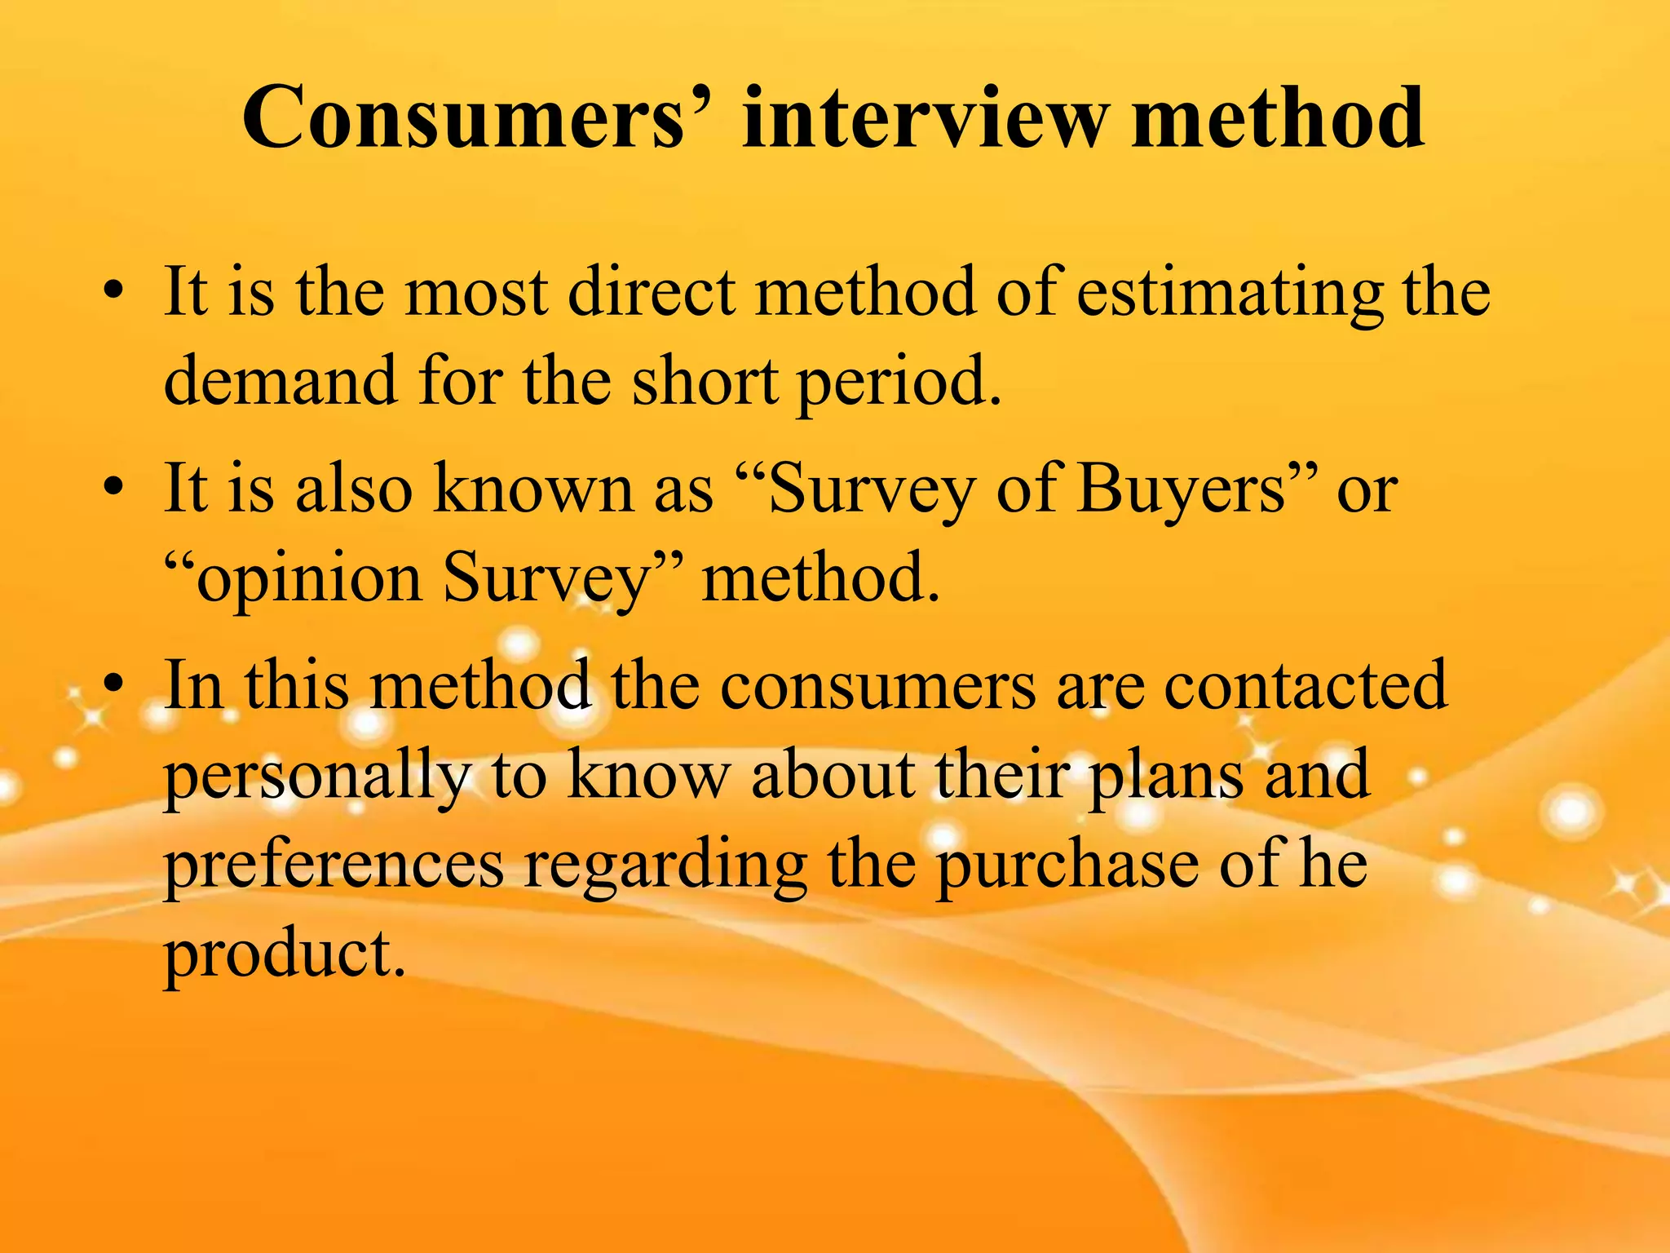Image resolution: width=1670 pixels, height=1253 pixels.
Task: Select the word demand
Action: [281, 381]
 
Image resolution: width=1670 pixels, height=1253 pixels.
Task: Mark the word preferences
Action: [334, 865]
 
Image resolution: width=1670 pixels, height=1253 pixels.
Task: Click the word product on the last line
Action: [284, 954]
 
